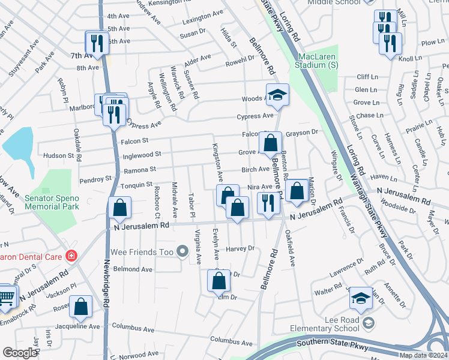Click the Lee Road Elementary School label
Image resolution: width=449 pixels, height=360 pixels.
pos(324,324)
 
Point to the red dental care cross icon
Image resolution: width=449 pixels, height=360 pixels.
pos(71,255)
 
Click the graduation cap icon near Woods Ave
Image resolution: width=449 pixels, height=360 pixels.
pos(278,95)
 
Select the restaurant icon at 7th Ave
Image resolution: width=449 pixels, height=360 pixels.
pos(95,42)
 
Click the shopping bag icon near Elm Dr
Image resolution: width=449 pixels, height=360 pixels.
pos(218,281)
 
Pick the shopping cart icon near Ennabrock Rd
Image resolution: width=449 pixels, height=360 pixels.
pos(5,296)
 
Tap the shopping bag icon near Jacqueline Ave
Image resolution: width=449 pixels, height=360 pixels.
pos(80,307)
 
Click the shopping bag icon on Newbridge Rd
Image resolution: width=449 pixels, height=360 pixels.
pos(119,208)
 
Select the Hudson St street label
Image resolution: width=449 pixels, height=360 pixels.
pos(67,155)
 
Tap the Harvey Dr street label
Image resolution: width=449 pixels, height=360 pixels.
pos(240,248)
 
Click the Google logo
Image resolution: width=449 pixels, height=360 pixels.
pos(20,353)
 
